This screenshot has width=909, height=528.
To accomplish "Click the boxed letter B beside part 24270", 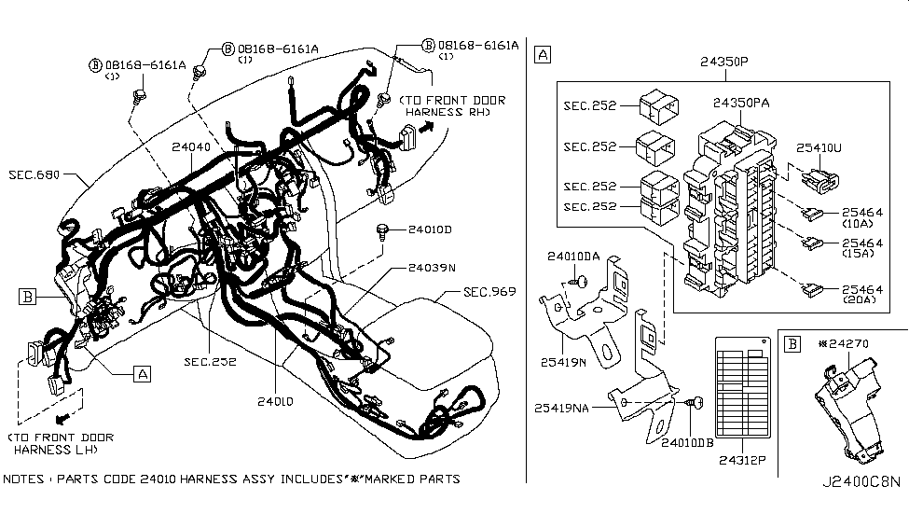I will tap(792, 343).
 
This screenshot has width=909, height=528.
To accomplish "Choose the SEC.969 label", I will tap(489, 293).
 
